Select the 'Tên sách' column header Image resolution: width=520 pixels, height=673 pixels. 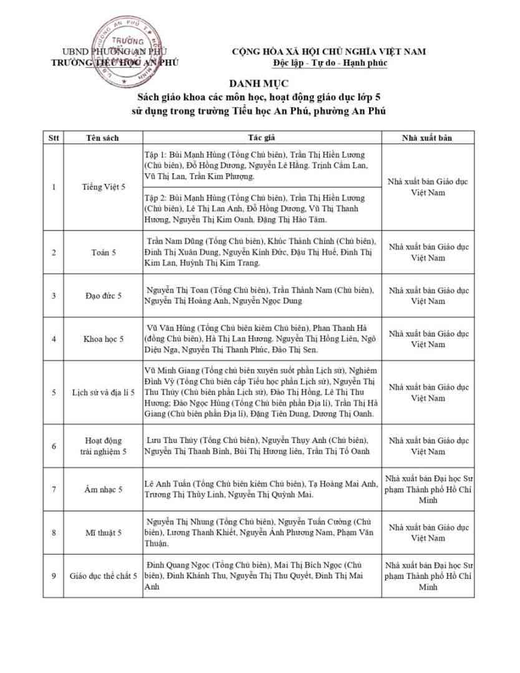[x=102, y=138]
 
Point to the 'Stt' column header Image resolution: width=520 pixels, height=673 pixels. [x=54, y=138]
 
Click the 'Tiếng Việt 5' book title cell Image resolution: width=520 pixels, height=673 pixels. [x=104, y=187]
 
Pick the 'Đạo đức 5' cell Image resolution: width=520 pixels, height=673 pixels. [x=103, y=295]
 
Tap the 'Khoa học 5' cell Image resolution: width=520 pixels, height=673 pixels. [x=103, y=339]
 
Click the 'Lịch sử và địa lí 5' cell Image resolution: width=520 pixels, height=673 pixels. [x=103, y=393]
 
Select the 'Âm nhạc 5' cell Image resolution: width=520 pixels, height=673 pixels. [x=103, y=489]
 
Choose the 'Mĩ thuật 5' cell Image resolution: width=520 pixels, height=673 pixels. [x=103, y=533]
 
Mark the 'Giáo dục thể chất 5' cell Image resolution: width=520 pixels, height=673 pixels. [x=103, y=576]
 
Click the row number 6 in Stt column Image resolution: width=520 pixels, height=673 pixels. [x=54, y=446]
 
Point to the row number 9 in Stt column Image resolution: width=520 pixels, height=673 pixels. [x=54, y=576]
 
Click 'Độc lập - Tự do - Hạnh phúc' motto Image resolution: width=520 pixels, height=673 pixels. [x=329, y=63]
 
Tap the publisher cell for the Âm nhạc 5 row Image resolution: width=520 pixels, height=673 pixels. [x=428, y=489]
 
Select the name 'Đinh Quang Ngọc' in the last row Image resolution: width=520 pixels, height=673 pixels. [x=176, y=565]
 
